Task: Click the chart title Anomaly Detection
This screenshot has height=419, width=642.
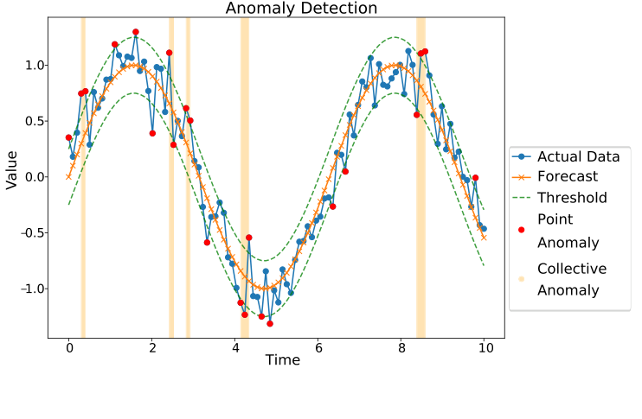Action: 301,9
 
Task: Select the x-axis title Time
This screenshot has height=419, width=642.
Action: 283,360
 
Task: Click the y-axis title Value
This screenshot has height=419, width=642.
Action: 11,168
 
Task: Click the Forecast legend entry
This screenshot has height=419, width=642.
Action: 567,177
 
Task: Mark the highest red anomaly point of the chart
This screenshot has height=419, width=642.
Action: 136,32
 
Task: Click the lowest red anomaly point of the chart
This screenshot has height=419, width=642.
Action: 270,323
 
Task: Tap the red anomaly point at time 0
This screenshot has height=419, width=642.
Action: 69,137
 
